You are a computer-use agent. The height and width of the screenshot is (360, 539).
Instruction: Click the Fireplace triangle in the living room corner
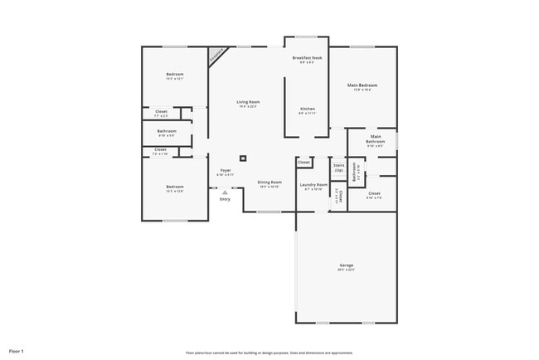pyautogui.click(x=217, y=55)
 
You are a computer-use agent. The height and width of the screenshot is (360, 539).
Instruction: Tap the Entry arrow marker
pyautogui.click(x=225, y=192)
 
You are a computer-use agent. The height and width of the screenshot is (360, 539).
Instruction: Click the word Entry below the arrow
pyautogui.click(x=225, y=199)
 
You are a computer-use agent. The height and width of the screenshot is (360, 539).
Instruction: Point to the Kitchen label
pyautogui.click(x=307, y=110)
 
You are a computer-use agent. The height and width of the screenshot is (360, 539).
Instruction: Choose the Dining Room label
pyautogui.click(x=269, y=183)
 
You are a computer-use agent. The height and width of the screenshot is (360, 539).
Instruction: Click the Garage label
pyautogui.click(x=346, y=267)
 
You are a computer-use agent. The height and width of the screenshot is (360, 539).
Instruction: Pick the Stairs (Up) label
pyautogui.click(x=338, y=168)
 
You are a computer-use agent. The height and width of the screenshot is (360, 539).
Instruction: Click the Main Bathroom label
pyautogui.click(x=376, y=140)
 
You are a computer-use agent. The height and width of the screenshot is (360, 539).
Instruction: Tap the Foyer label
pyautogui.click(x=226, y=172)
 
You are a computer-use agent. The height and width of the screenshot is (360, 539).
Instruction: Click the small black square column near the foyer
pyautogui.click(x=243, y=157)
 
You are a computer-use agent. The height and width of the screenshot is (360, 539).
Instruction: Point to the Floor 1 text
pyautogui.click(x=17, y=352)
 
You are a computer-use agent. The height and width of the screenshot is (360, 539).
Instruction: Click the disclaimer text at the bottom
pyautogui.click(x=269, y=352)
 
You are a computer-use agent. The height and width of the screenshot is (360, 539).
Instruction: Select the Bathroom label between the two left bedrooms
pyautogui.click(x=167, y=132)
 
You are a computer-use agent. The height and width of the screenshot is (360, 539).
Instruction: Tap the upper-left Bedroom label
pyautogui.click(x=174, y=75)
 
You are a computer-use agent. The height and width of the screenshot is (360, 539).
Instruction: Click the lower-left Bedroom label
pyautogui.click(x=174, y=188)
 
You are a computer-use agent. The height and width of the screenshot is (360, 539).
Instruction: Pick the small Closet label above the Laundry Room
pyautogui.click(x=304, y=162)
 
